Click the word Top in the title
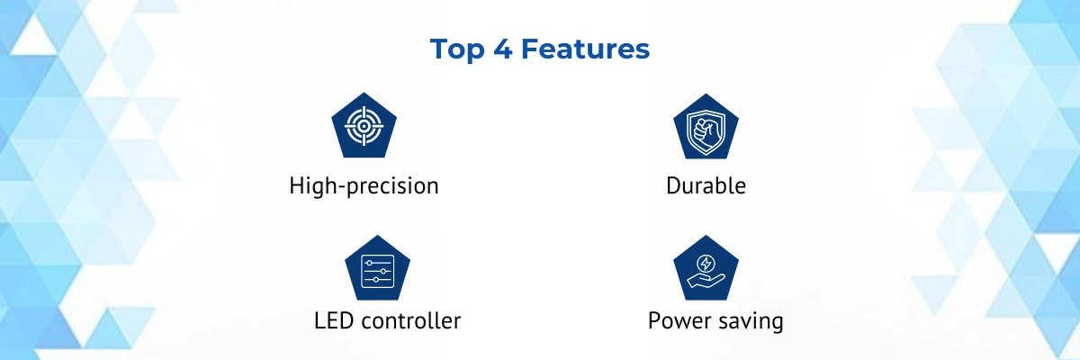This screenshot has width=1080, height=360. pyautogui.click(x=457, y=49)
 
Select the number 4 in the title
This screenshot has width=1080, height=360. pyautogui.click(x=503, y=49)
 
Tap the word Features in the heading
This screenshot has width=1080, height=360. pyautogui.click(x=585, y=49)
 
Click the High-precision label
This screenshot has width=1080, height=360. pyautogui.click(x=364, y=186)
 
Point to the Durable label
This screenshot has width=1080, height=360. pyautogui.click(x=706, y=185)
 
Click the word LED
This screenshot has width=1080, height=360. pyautogui.click(x=334, y=321)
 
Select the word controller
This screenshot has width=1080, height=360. pyautogui.click(x=410, y=321)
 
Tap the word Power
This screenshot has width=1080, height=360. pyautogui.click(x=679, y=321)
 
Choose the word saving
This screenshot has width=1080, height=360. pyautogui.click(x=750, y=322)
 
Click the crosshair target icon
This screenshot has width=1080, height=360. pyautogui.click(x=364, y=126)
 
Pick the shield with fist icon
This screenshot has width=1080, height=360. pyautogui.click(x=706, y=131)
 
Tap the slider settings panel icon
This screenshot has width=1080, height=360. pyautogui.click(x=377, y=271)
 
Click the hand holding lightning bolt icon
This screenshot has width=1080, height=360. pyautogui.click(x=706, y=271)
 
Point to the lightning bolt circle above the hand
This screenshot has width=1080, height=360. pyautogui.click(x=706, y=264)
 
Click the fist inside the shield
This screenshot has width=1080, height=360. pyautogui.click(x=706, y=130)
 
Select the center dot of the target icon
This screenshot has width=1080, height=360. pyautogui.click(x=364, y=126)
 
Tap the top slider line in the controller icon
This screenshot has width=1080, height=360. pyautogui.click(x=377, y=263)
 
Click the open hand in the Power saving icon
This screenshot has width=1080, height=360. pyautogui.click(x=706, y=281)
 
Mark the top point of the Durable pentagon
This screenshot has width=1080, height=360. pyautogui.click(x=706, y=94)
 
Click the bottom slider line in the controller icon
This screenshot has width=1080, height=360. pyautogui.click(x=377, y=280)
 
